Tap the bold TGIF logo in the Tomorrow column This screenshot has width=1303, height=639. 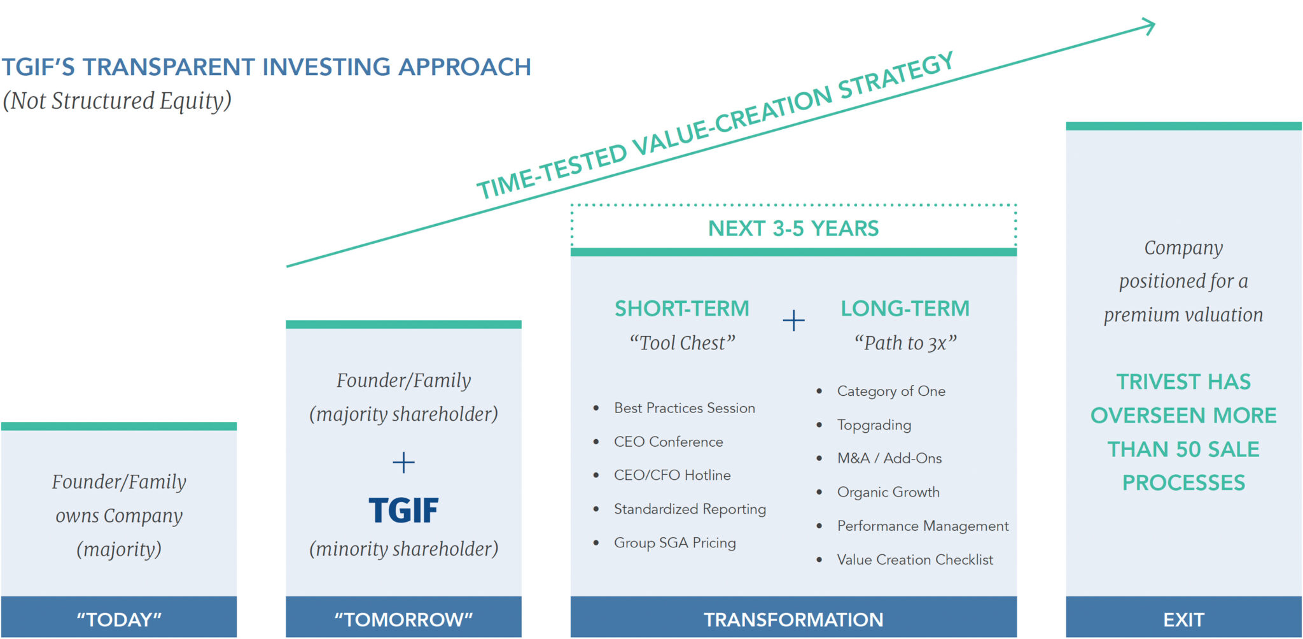pos(403,510)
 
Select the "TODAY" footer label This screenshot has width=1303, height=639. pos(119,619)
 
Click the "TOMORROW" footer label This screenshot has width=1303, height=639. pos(403,619)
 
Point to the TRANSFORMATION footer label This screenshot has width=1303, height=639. pos(793,619)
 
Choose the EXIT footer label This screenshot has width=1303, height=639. pos(1183,619)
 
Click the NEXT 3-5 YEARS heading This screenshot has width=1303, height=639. pos(793,228)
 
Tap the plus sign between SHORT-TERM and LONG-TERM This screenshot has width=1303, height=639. pos(793,320)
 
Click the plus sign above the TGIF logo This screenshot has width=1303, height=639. pos(403,462)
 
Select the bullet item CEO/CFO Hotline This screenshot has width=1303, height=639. pos(672,475)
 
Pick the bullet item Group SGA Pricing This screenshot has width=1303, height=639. pos(674,543)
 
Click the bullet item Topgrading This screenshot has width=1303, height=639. pos(874,425)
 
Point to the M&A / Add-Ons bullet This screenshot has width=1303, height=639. pos(889,458)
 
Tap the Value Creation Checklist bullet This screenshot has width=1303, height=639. pos(914,560)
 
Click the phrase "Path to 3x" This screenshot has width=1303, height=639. pos(905,343)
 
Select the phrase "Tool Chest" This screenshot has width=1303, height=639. pos(682,343)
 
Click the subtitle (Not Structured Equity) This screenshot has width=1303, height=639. pos(117,101)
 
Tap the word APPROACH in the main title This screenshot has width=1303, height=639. pos(464,67)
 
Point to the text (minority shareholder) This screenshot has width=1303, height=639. pos(403,549)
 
